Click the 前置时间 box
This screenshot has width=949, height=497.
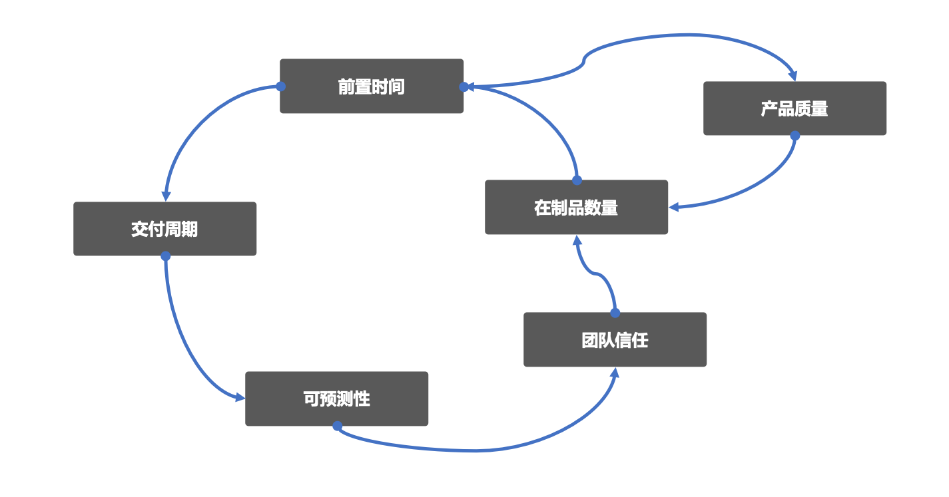371,86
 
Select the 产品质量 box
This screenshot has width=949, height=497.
794,108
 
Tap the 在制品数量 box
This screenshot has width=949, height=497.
576,207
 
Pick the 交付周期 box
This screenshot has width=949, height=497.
164,229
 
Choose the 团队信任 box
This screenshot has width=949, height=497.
615,340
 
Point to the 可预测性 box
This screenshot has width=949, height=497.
336,399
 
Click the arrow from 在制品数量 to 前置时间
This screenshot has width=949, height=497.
543,117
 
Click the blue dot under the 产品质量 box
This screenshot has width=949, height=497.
794,135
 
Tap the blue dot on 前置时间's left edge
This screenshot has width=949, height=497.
280,86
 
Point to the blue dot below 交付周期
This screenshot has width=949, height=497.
165,255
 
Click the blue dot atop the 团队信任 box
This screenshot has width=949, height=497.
615,313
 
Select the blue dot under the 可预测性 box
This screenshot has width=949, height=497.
337,425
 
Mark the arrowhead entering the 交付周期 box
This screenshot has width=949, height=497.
166,196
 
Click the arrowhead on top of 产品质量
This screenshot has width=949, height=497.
792,75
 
